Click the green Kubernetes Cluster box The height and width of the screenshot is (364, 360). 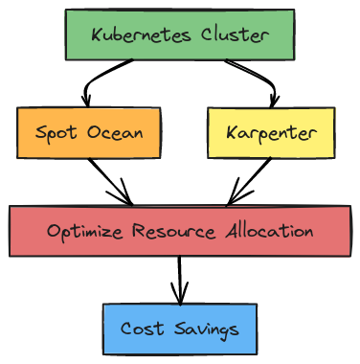click(x=180, y=34)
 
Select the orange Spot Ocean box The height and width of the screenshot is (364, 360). click(x=89, y=133)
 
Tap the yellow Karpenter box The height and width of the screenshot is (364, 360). click(x=271, y=133)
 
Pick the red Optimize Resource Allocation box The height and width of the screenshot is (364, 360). click(x=180, y=231)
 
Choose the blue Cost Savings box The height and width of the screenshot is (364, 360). click(x=180, y=329)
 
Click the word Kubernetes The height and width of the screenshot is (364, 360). click(x=142, y=34)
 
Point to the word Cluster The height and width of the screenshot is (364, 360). click(x=235, y=34)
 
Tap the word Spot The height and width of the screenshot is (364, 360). click(x=56, y=133)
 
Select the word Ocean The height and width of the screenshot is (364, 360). click(x=115, y=132)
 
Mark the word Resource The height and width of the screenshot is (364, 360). click(x=174, y=231)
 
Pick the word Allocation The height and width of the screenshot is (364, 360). click(x=269, y=231)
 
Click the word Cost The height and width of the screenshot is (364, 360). click(x=142, y=329)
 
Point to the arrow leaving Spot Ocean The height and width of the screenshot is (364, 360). click(x=111, y=182)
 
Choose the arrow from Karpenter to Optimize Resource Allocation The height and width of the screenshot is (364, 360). click(x=250, y=181)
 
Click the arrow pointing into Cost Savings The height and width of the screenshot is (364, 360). click(x=180, y=281)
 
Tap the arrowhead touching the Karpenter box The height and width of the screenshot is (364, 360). click(x=274, y=101)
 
